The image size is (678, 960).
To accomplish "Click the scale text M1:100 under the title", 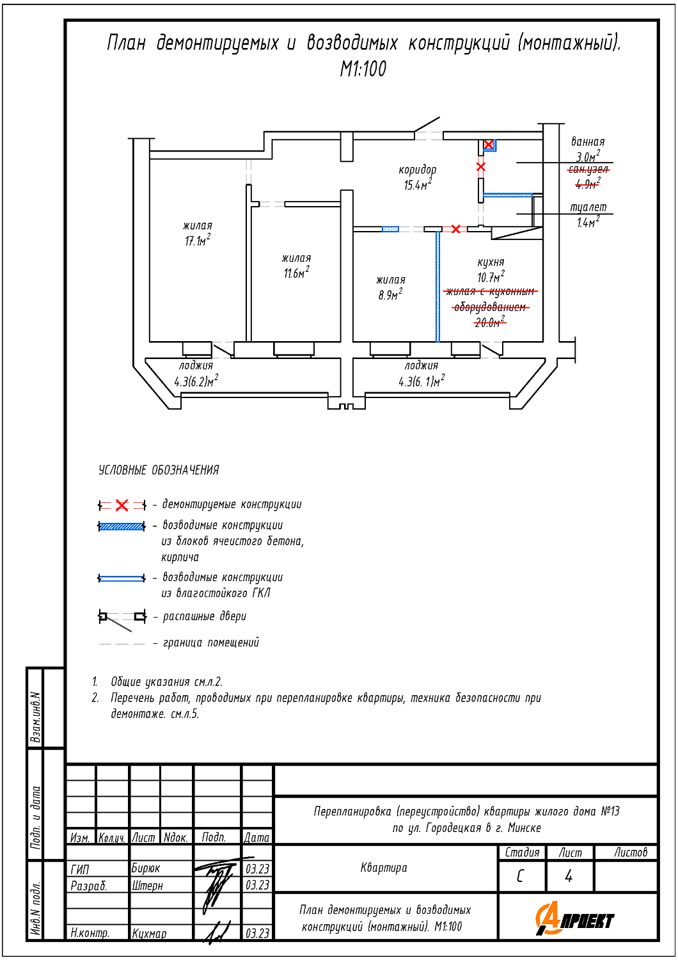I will coord(363,68).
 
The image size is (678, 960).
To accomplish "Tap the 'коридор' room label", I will coord(417,170).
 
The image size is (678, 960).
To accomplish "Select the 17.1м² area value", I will coord(198,241).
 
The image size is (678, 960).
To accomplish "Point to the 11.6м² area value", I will coord(296,273).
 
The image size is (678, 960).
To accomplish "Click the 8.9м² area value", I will coord(390,295).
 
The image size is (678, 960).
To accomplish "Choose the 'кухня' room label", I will coord(491,262).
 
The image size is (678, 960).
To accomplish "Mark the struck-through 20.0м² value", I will coord(489,323).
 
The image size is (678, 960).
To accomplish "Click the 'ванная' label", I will coord(587,142).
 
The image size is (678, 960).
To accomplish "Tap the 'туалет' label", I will coord(588,207).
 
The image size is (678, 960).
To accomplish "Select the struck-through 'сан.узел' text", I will coord(588,170).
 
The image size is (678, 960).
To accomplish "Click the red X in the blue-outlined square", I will coord(489,145).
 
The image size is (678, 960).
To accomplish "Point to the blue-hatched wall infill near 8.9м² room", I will coord(390,229).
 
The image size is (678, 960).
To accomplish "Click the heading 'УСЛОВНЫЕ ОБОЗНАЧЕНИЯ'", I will coord(159,470).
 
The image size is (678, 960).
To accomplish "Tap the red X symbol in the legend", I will coord(122,506).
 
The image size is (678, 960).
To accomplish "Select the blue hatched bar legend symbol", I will coord(122,527).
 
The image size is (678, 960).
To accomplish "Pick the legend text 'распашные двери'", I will coord(204,617).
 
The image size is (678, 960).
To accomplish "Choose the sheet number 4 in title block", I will coord(569,876).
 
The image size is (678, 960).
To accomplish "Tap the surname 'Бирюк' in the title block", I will coord(146,868).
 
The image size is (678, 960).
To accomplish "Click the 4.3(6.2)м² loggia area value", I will coord(196,382).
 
